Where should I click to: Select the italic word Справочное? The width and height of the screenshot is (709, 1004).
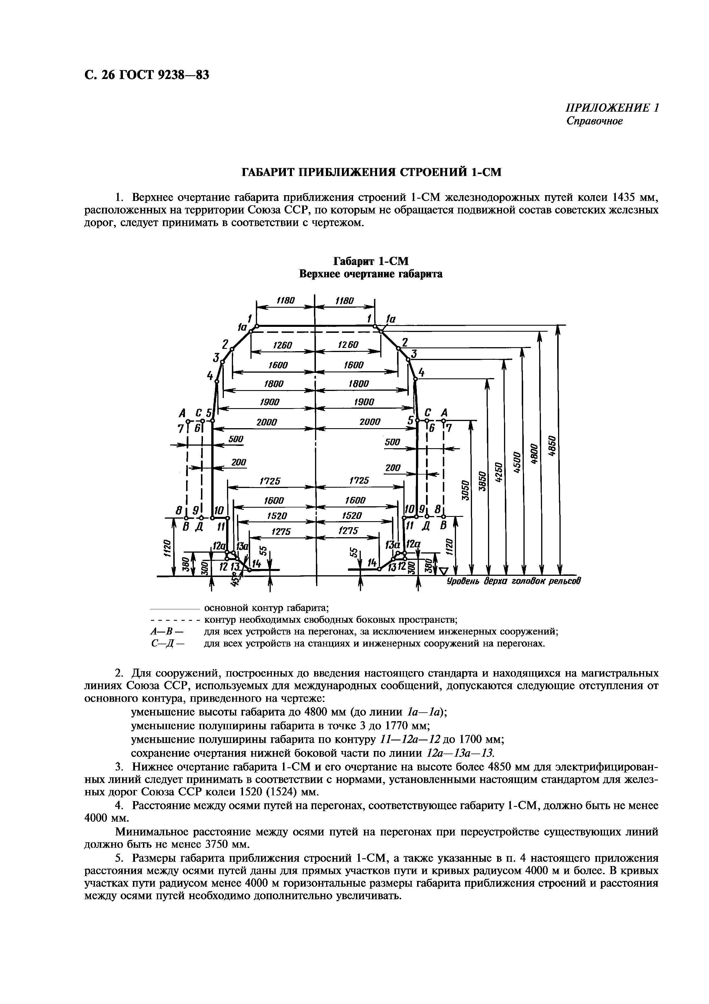click(x=594, y=121)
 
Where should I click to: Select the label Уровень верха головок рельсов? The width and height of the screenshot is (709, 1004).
click(x=514, y=581)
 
